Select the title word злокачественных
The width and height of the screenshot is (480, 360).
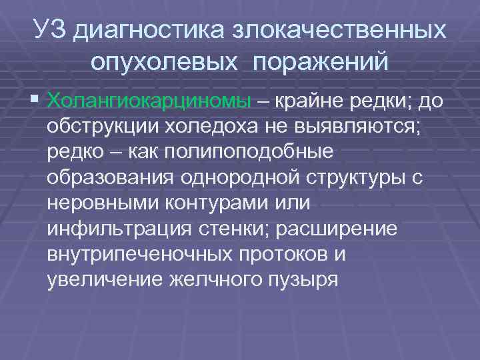click(x=339, y=29)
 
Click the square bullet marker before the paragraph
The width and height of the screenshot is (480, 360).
click(x=35, y=101)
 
